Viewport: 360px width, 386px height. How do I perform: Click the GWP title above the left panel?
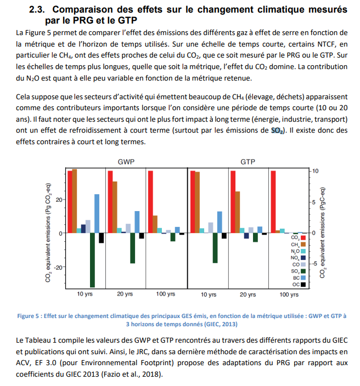coord(126,162)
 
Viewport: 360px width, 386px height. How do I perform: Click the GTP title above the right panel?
coord(248,162)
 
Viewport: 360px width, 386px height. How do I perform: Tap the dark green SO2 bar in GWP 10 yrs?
coord(92,260)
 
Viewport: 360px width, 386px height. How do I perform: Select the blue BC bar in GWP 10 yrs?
coord(97,213)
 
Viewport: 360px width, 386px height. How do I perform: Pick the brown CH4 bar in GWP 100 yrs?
coord(155,224)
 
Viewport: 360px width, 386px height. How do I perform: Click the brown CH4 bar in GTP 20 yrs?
coord(238,212)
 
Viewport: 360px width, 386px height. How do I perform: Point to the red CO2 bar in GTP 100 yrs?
coord(273,202)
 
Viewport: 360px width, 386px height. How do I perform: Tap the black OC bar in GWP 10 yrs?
coord(102,238)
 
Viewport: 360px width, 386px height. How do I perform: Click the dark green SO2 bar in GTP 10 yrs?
coord(215,248)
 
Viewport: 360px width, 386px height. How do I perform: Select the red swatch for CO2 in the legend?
coord(303,237)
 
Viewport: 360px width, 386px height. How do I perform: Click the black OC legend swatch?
coord(303,285)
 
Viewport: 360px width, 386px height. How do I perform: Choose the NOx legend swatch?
coord(303,258)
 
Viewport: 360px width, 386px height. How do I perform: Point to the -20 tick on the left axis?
coord(59,268)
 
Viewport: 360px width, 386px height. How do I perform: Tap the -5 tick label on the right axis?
coord(314,264)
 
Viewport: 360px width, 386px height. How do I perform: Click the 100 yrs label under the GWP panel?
coord(166,294)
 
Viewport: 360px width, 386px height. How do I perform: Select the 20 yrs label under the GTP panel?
coord(248,294)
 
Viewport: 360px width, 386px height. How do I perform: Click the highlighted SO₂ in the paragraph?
coord(278,130)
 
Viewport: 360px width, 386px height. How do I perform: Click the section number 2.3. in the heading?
coord(37,9)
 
